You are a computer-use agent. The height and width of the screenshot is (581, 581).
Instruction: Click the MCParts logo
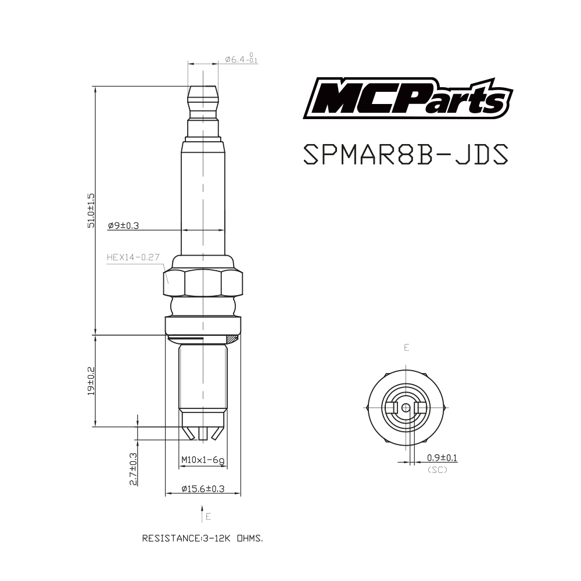tap(408, 98)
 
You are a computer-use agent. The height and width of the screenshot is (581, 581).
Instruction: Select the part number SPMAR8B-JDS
tap(406, 154)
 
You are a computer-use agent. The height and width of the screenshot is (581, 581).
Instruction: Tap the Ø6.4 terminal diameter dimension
tap(241, 59)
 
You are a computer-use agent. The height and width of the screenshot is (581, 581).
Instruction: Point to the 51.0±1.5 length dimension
tap(91, 210)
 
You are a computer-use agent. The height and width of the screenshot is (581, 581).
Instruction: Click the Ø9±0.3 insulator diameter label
tap(123, 225)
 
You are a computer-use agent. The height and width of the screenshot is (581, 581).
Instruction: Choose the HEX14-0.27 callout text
tap(133, 257)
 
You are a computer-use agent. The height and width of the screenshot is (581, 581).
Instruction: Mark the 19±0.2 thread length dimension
tap(91, 381)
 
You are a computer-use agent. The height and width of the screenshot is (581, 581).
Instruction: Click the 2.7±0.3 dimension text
tap(133, 469)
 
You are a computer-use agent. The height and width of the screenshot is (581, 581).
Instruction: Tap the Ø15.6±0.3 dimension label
tap(203, 489)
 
